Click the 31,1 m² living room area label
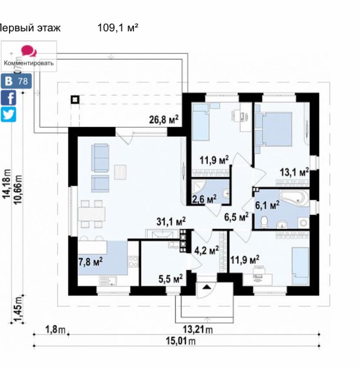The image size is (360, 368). (x=171, y=222)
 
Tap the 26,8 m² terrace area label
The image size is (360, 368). (x=164, y=119)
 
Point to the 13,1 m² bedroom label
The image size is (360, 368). (x=294, y=172)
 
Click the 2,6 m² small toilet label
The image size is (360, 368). (x=204, y=199)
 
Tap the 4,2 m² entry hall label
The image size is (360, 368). (x=207, y=250)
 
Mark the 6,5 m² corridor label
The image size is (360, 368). (x=236, y=216)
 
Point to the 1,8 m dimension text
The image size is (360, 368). (x=55, y=330)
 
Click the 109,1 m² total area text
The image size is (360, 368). (x=118, y=29)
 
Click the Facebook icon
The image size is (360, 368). (x=9, y=97)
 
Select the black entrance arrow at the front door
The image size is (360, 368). (x=207, y=286)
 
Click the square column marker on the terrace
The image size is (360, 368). (x=75, y=99)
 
